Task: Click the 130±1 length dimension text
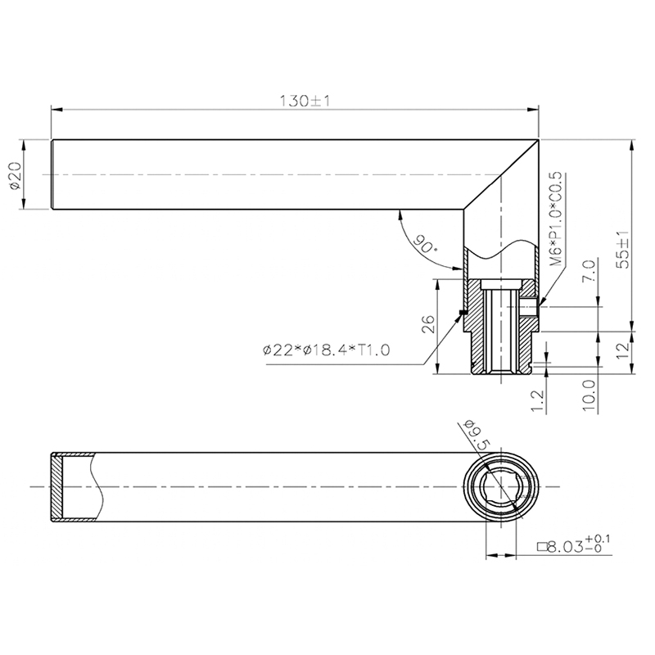tap(305, 101)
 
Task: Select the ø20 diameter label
tap(16, 175)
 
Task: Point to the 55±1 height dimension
tap(623, 250)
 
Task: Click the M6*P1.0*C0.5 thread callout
tap(556, 220)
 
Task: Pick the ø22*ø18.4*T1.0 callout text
tap(326, 350)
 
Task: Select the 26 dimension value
tap(428, 324)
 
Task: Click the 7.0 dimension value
tap(589, 270)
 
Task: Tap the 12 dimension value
tap(622, 350)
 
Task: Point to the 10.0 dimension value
tap(589, 395)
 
